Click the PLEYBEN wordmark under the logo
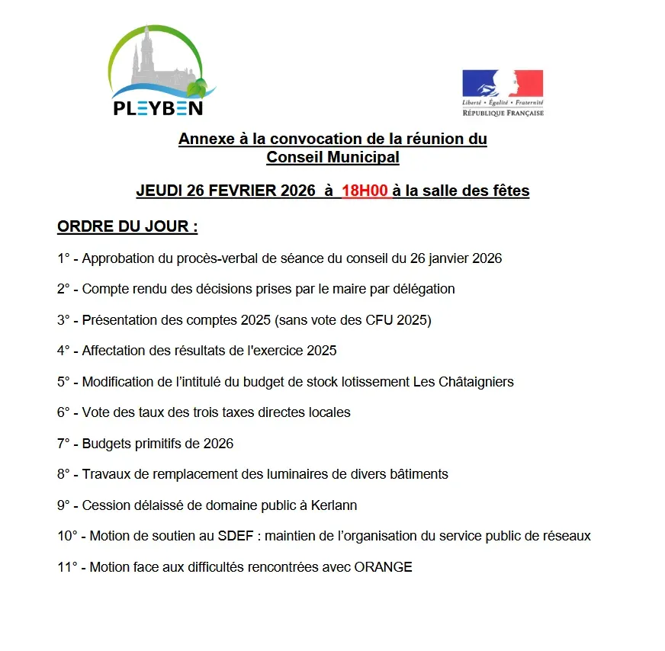158,107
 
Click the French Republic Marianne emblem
503,83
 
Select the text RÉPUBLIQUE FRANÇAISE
503,113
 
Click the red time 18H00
365,191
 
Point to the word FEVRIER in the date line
233,191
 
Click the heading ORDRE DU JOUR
127,227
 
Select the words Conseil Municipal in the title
332,157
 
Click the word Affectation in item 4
113,351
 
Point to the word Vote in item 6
96,412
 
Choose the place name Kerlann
332,505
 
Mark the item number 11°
66,566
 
